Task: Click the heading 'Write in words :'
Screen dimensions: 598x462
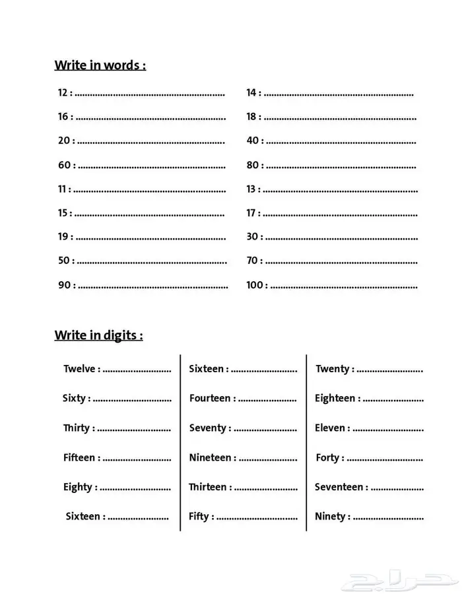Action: coord(100,65)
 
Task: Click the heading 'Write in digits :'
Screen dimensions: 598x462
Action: coord(98,335)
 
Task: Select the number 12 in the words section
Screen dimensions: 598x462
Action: coord(63,93)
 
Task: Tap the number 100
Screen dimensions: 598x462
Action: coord(255,285)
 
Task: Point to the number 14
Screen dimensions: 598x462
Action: coord(251,93)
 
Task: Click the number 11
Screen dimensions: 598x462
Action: coord(63,189)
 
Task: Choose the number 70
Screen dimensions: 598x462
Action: coord(252,261)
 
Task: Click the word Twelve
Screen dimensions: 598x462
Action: coord(79,369)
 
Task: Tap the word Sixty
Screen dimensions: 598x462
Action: coord(74,399)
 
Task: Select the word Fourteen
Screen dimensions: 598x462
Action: coord(210,399)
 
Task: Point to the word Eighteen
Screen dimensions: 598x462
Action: coord(335,399)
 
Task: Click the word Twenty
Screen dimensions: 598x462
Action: coord(331,369)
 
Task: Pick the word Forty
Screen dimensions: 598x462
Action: coord(327,457)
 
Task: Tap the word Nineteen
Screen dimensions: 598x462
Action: coord(210,457)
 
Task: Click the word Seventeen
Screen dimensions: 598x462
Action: coord(339,487)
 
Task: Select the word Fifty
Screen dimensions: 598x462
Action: coord(199,517)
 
